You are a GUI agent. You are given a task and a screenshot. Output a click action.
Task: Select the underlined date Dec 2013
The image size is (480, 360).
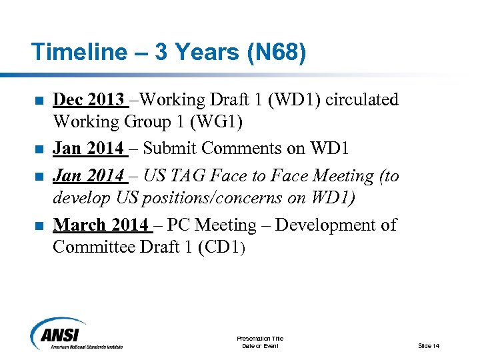(x=88, y=100)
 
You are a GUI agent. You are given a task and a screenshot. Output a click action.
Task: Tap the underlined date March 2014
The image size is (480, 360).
(x=101, y=225)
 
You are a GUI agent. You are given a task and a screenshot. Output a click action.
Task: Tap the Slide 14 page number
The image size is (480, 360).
(x=429, y=345)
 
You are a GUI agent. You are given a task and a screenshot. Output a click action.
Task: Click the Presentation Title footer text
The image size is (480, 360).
(x=260, y=339)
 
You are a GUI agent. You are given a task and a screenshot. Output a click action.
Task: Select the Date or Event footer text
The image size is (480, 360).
(x=260, y=345)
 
